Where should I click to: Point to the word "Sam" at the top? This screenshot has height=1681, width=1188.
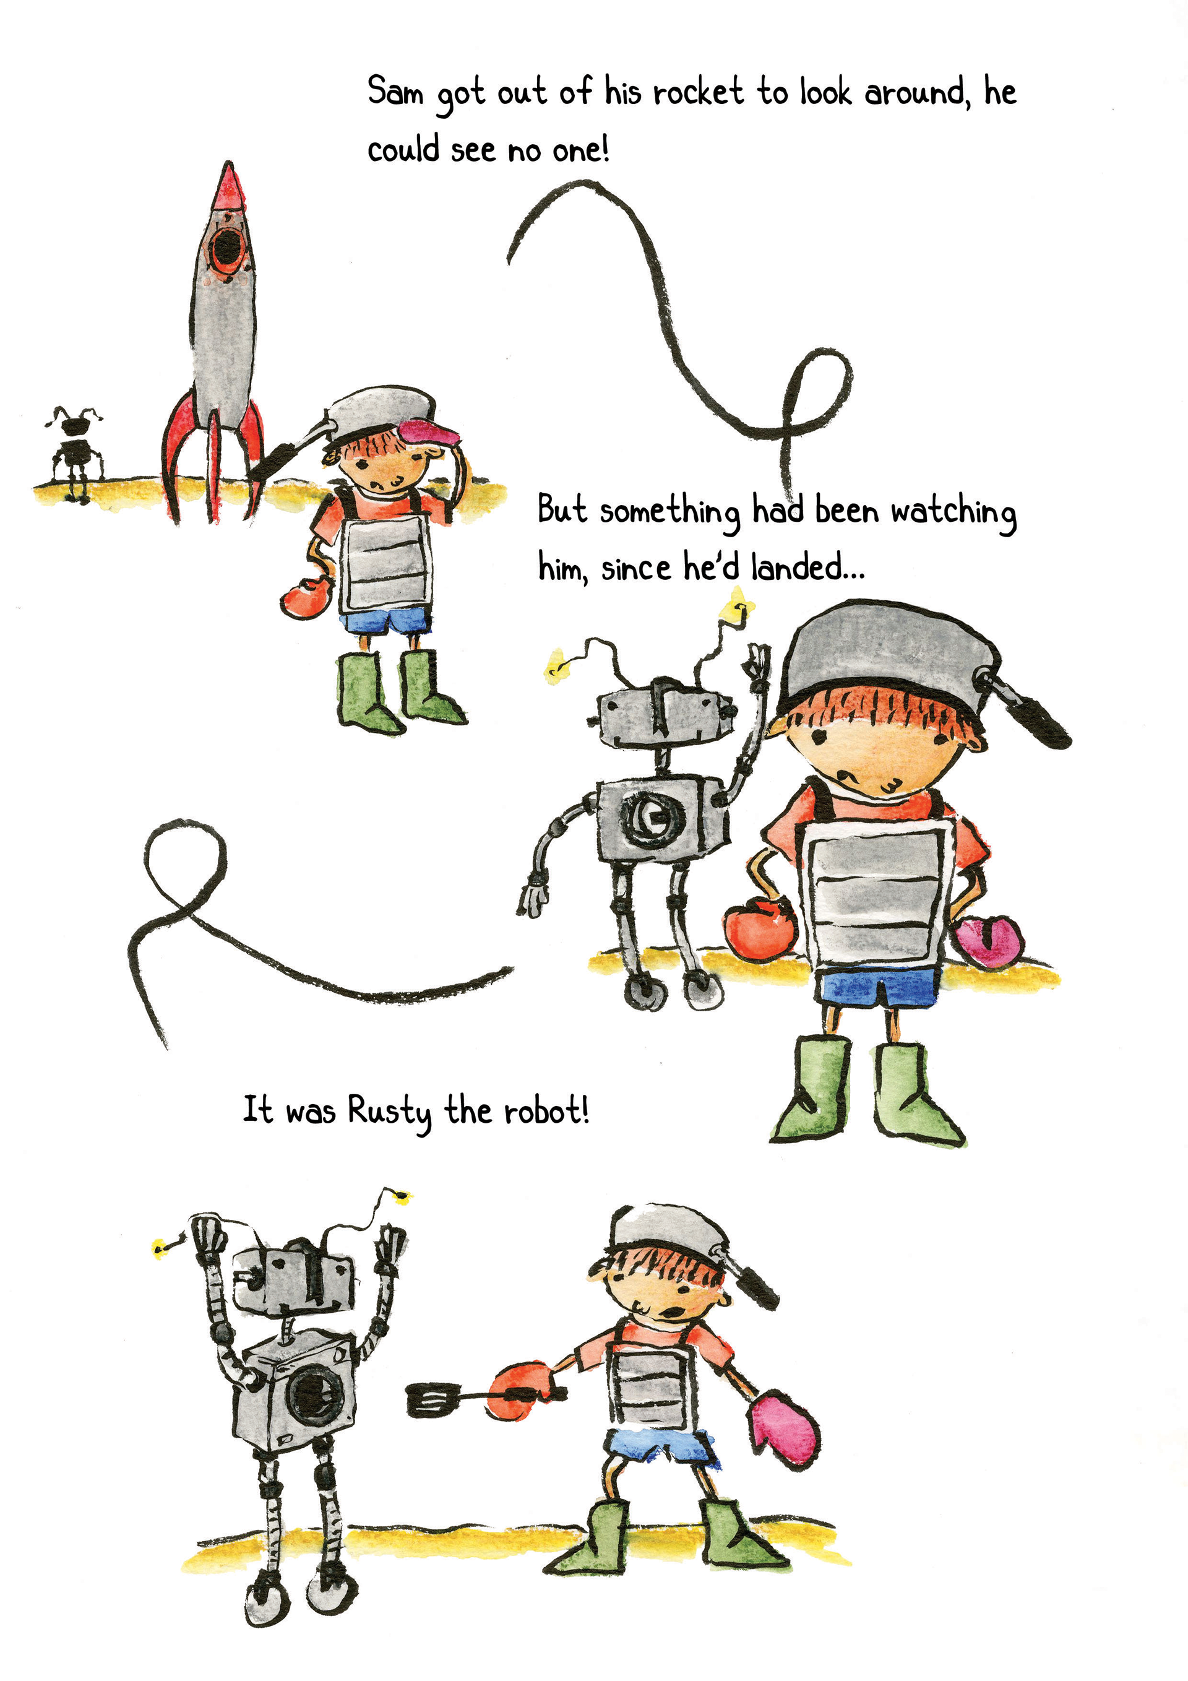click(395, 92)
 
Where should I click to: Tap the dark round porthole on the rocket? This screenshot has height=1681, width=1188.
click(226, 248)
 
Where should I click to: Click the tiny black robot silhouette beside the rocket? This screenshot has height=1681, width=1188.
click(74, 454)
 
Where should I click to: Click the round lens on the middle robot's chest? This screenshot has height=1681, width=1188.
click(653, 816)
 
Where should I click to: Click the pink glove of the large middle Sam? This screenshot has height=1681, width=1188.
click(989, 940)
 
